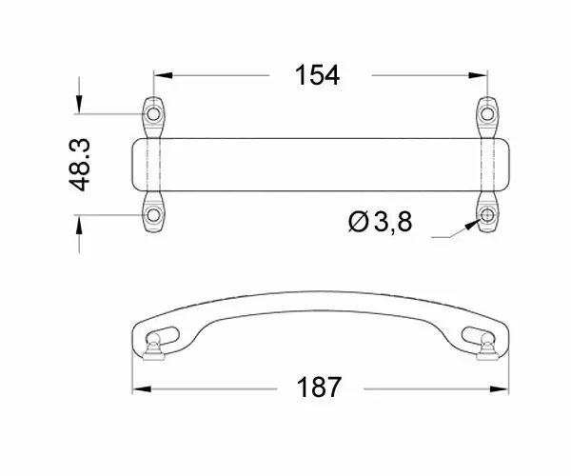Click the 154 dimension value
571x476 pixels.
(317, 75)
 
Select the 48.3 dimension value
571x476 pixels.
(79, 165)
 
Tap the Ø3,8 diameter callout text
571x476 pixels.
(380, 222)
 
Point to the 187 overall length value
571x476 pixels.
(320, 387)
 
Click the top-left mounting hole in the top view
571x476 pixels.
(153, 114)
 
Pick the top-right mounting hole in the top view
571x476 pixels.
(487, 114)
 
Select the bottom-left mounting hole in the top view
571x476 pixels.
(153, 215)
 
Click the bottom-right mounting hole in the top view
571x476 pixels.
(487, 215)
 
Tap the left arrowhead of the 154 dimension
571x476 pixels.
(163, 75)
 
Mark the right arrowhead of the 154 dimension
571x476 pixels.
(478, 75)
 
